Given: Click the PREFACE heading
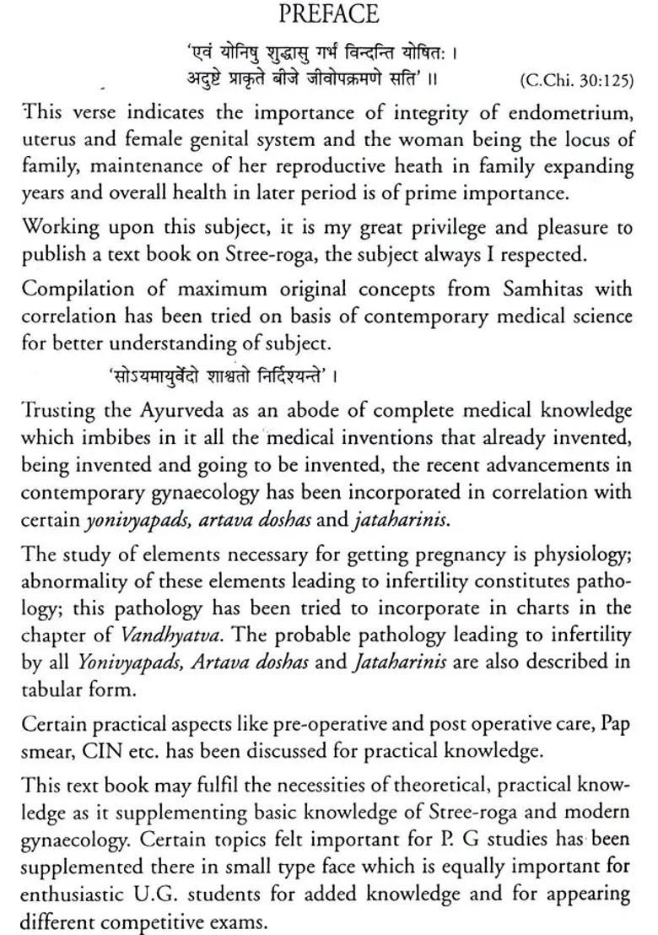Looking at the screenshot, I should [329, 16].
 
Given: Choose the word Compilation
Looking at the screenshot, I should [75, 290].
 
